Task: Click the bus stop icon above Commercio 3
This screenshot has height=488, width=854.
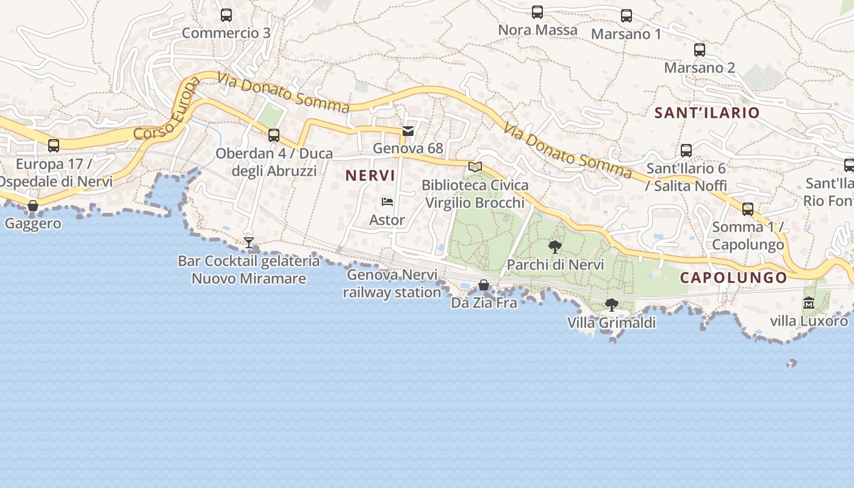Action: pos(226,15)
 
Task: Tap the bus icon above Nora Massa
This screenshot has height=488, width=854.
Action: pos(537,12)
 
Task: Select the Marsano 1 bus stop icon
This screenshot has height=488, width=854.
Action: pos(626,16)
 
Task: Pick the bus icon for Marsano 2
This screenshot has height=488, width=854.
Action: pos(700,50)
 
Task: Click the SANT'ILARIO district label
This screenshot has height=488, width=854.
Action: pos(707,113)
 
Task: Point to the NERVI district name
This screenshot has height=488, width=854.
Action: pos(370,176)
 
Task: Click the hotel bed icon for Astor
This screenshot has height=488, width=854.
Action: pos(387,202)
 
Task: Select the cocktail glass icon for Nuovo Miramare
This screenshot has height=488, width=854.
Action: pos(249,243)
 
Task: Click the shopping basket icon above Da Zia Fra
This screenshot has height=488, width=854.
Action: pos(484,285)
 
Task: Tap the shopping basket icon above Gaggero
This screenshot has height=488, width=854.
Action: pos(34,206)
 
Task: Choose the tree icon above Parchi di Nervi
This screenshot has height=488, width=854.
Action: pos(555,247)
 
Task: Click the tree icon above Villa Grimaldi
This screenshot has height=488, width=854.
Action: pos(611,304)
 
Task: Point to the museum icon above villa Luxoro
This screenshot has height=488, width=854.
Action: pos(809,303)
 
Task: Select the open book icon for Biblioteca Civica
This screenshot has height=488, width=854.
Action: pos(475,167)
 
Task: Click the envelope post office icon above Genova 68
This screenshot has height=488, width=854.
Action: pos(408,131)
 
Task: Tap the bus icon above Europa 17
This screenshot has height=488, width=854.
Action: pos(54,146)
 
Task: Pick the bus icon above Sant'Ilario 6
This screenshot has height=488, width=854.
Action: pos(686,150)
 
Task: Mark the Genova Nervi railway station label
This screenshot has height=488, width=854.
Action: pos(392,284)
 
